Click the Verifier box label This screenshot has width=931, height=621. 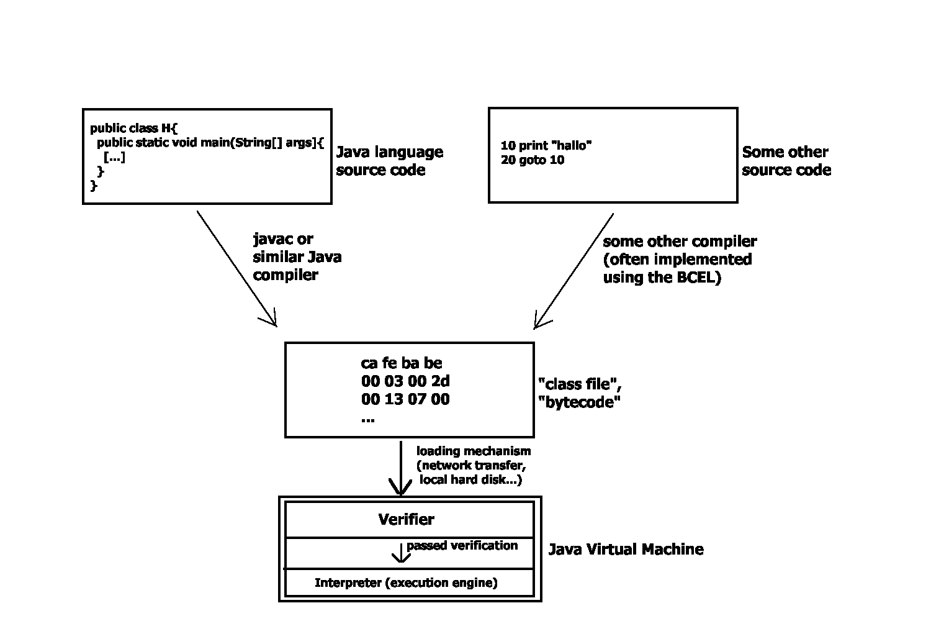tap(407, 519)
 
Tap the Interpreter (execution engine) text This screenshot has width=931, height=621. tap(406, 582)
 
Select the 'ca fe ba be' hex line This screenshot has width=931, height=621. tap(402, 363)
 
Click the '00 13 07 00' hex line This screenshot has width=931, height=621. tap(405, 399)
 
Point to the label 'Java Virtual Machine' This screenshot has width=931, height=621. tap(626, 549)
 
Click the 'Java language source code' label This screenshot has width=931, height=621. tap(390, 161)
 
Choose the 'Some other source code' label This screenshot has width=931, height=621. tap(786, 161)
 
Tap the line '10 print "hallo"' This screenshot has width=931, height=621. tap(546, 146)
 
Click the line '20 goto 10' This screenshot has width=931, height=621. tap(533, 160)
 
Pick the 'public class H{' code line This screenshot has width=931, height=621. tap(134, 129)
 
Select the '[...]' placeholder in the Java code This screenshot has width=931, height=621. tap(114, 157)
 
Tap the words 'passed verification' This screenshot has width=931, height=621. tap(462, 545)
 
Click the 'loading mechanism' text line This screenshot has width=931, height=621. tap(474, 451)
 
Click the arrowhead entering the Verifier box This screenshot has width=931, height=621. tap(400, 488)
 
